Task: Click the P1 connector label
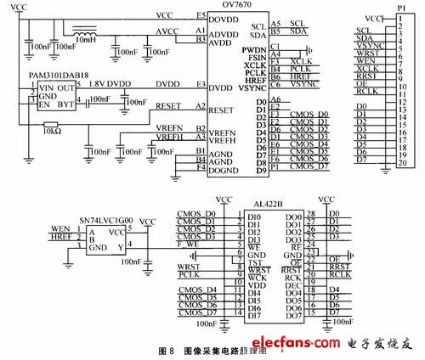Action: click(401, 6)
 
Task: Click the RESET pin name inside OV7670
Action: click(221, 110)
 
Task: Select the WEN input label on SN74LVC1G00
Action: click(60, 228)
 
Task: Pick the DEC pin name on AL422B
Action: click(294, 286)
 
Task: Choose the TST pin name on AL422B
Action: click(253, 262)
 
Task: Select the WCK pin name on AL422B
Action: click(254, 278)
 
